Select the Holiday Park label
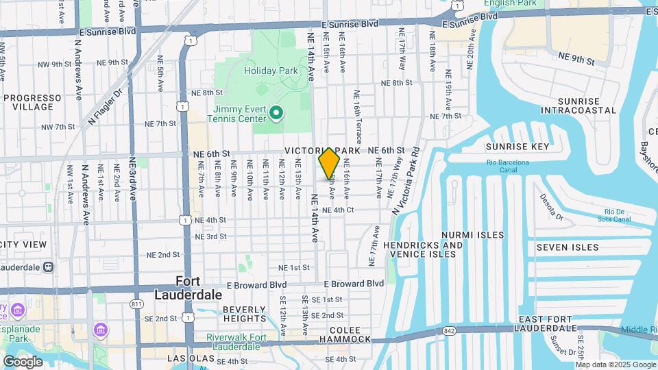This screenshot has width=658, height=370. (x=271, y=71)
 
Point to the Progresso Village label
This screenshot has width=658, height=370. (x=28, y=102)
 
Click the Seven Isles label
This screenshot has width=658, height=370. (x=567, y=247)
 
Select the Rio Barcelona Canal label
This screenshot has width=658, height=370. (x=508, y=162)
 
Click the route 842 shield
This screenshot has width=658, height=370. (x=449, y=330)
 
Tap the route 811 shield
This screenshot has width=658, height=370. (x=137, y=303)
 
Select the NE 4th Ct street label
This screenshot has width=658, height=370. (x=337, y=210)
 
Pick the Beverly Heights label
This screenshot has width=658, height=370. (x=244, y=314)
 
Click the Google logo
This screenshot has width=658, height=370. (x=23, y=361)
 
